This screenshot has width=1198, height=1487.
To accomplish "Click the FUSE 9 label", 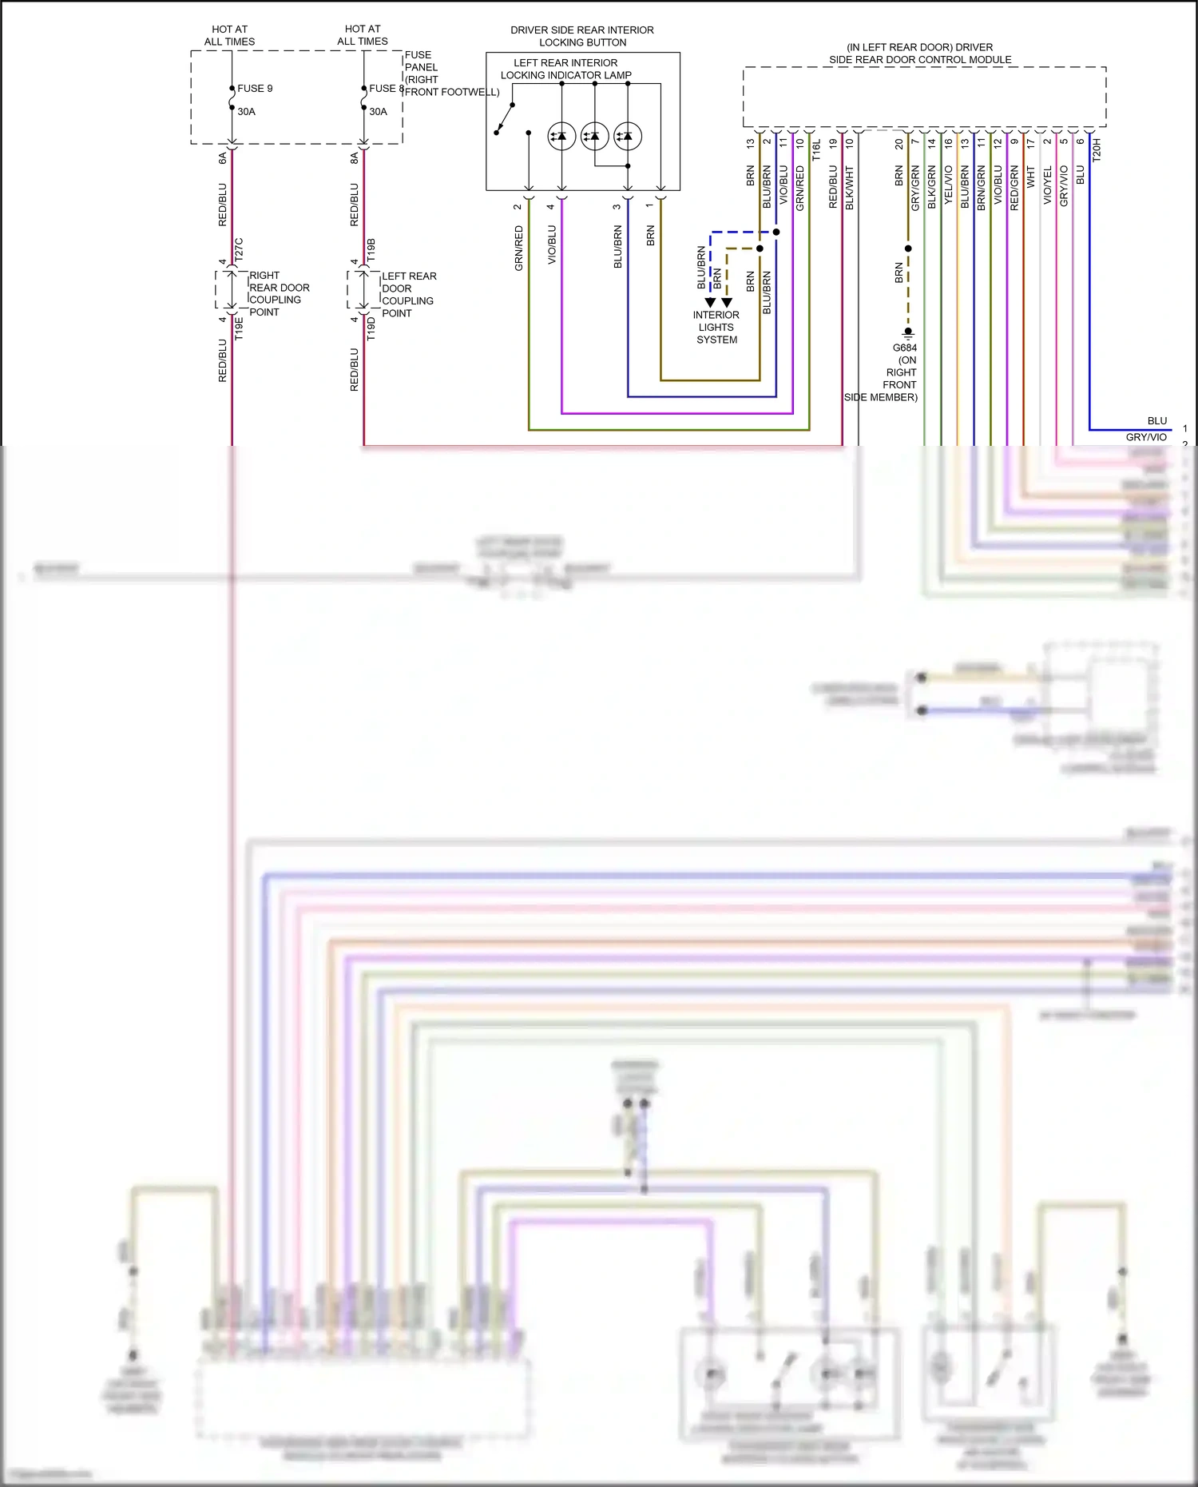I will coord(255,89).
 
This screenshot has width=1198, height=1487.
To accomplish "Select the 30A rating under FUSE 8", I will coord(378,112).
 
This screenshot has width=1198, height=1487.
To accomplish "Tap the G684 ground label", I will coord(904,348).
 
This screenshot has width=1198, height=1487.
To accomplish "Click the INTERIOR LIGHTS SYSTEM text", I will coord(716,327).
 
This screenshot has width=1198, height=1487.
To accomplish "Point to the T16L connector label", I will coord(816,150).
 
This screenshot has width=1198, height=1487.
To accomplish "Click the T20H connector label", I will coord(1097,150).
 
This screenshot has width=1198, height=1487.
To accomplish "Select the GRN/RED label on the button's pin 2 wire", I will coord(519,247).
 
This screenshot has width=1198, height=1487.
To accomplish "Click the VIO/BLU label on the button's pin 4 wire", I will coord(552,245).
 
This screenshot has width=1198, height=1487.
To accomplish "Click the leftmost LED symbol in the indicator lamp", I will coord(561,137).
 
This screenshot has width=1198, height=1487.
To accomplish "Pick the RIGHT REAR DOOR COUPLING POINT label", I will coord(279,293).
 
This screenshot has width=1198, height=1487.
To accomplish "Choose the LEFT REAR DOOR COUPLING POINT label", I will coord(408,294).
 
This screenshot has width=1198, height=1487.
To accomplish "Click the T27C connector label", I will coord(239,249).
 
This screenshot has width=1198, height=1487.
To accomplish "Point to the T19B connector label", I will coord(371,249).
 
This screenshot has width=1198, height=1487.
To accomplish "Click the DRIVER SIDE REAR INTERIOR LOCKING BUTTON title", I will coord(582,36).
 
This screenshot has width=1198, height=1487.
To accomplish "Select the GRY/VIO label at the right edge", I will coord(1146,437).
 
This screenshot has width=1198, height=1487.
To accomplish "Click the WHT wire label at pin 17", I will coord(1030,177).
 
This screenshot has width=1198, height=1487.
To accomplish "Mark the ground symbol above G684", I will coord(908,333).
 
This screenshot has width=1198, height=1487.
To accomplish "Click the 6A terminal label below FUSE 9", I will coord(223,158).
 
